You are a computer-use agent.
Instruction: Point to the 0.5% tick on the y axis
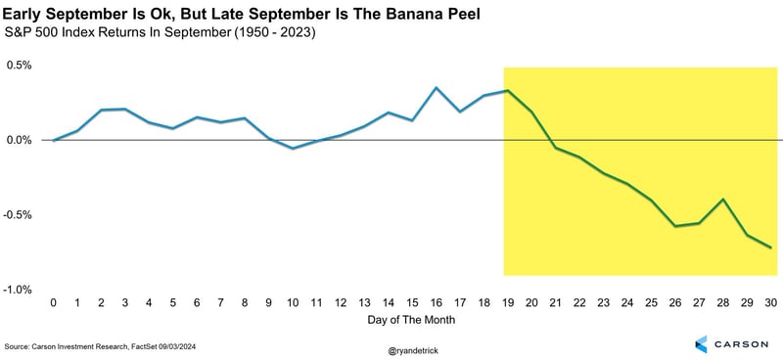click(19, 65)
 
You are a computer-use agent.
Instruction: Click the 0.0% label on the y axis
click(19, 140)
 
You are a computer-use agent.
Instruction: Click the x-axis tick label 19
click(509, 303)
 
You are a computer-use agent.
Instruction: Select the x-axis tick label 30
click(772, 303)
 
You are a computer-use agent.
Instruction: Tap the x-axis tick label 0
click(54, 303)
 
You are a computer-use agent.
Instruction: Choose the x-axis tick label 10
click(293, 303)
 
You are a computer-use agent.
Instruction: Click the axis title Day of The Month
click(412, 320)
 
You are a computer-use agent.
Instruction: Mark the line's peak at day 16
click(437, 88)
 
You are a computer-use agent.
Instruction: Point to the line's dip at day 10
click(293, 149)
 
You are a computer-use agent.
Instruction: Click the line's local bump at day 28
click(723, 200)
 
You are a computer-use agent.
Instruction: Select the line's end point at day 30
click(771, 247)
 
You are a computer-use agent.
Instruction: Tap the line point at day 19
click(509, 91)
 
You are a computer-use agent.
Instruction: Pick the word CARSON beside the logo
click(746, 343)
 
